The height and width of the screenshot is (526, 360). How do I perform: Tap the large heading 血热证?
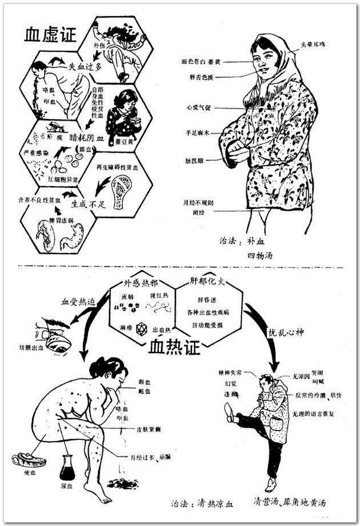click(174, 346)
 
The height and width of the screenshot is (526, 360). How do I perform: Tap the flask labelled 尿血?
click(67, 469)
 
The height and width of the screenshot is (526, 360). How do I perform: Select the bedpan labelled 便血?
click(29, 458)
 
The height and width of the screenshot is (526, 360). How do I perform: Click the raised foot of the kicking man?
click(229, 411)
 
